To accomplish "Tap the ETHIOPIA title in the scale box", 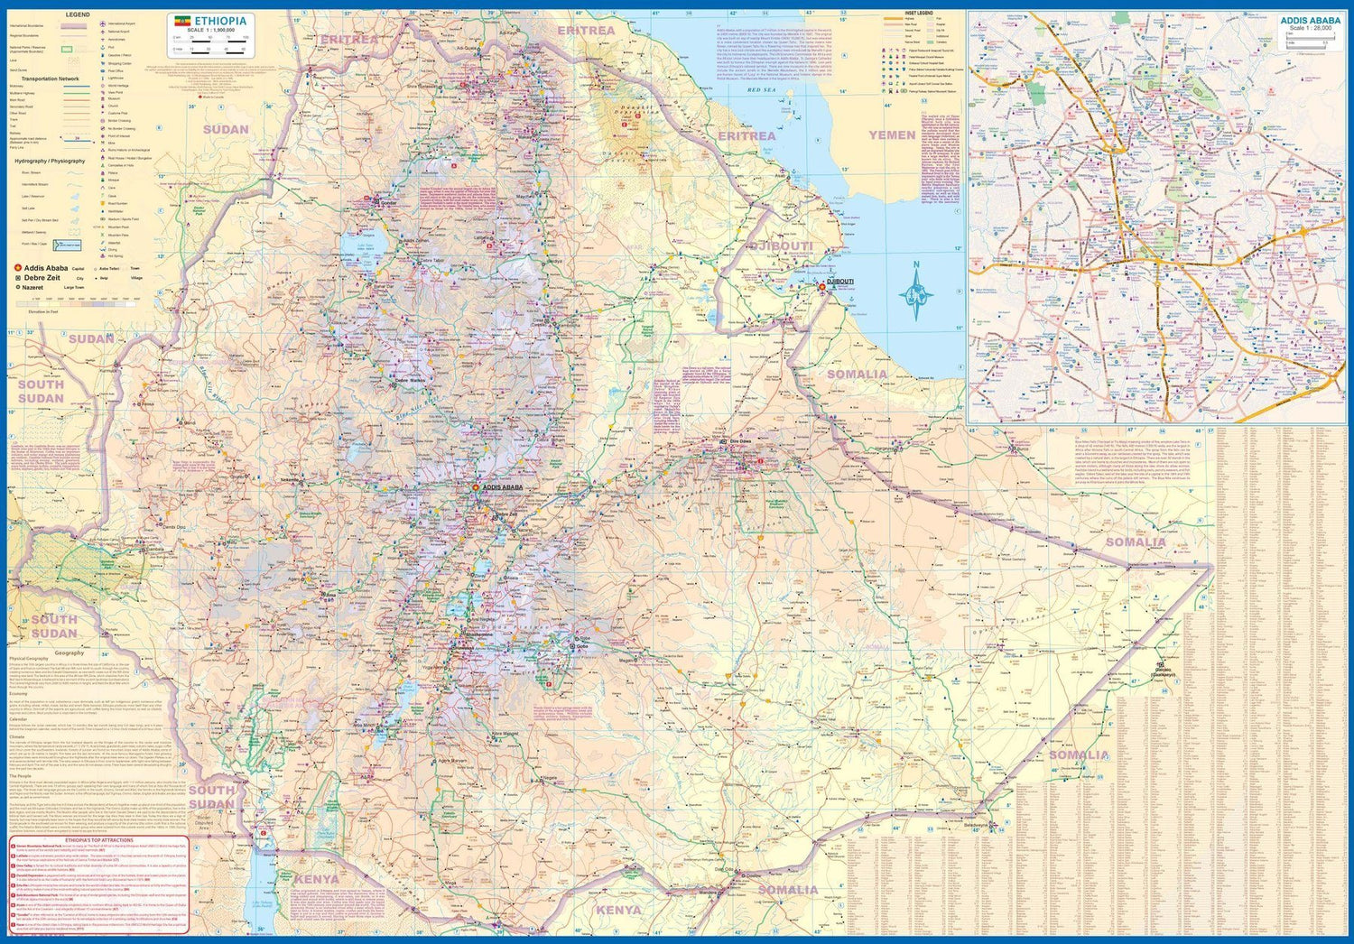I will coord(220,21).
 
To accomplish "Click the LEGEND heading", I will coord(78,16).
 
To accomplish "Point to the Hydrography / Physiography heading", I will coord(50,161).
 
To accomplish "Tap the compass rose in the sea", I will coord(915,292).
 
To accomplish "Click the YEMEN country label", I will coord(892,135).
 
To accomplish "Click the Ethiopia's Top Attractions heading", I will coord(99,839).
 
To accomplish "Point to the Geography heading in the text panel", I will coord(69,652).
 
